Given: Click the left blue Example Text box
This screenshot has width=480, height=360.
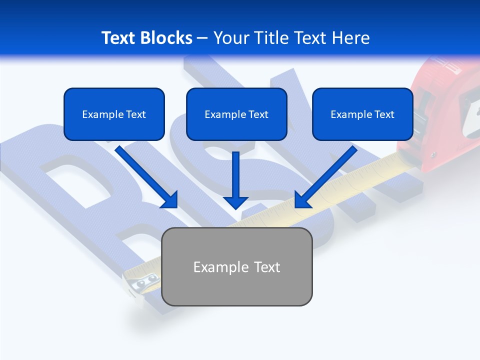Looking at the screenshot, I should (x=114, y=114).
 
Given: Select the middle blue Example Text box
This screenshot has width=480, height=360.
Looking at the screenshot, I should (x=236, y=114).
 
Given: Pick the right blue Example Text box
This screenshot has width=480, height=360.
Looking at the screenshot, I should (x=362, y=114).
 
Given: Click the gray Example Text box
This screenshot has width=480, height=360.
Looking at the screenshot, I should (x=237, y=266).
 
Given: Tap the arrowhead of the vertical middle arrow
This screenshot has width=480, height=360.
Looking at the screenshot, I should (x=235, y=201).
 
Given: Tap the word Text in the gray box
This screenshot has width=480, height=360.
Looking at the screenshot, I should (x=265, y=266).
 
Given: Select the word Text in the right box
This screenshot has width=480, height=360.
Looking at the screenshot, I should (x=384, y=114).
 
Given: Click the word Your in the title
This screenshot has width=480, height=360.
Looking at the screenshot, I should (x=230, y=38).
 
